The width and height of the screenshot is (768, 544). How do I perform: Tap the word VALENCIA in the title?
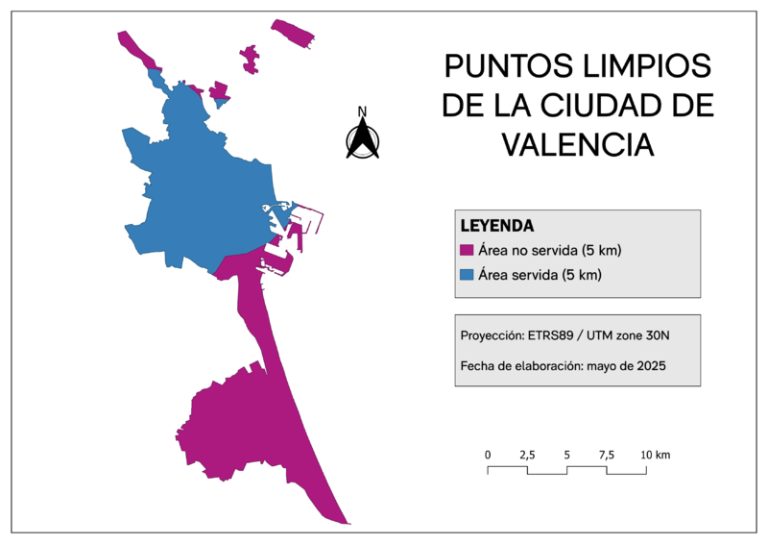click(x=578, y=144)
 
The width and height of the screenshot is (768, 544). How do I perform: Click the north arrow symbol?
click(x=363, y=140)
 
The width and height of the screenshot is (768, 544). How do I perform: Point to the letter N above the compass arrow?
click(x=363, y=111)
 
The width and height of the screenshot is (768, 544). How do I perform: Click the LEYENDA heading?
click(x=497, y=227)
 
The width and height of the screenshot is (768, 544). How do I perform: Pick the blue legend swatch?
click(x=468, y=275)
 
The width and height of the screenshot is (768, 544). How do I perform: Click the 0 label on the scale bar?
click(x=488, y=454)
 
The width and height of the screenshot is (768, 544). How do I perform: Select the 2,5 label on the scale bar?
click(x=527, y=454)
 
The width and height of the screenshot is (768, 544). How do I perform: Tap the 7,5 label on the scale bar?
click(x=606, y=454)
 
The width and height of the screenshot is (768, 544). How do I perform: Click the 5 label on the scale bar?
click(x=566, y=454)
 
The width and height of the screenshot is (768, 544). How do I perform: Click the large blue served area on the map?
click(x=202, y=192)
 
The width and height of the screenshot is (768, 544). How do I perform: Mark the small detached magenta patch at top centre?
click(x=251, y=59)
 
